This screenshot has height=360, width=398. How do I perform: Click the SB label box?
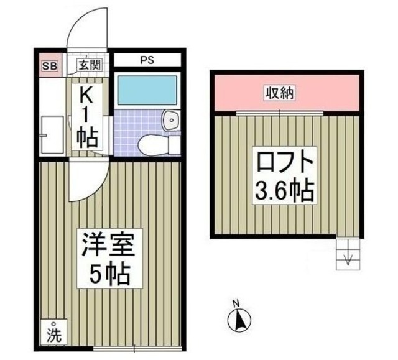pos(48,64)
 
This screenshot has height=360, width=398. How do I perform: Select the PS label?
pos(147,60)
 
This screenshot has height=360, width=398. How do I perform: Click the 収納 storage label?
pos(281,94)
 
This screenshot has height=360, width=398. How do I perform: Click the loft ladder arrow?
pos(346,258)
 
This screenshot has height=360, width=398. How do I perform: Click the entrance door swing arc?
pos(87,28)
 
